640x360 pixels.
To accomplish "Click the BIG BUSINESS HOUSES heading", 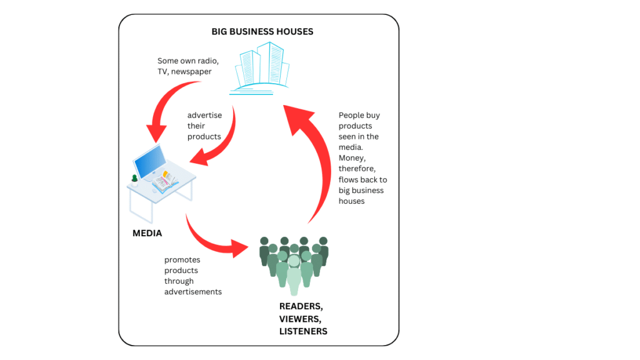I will coord(262,31).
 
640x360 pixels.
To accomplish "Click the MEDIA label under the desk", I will coord(147,234).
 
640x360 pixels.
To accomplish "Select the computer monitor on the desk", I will coord(151,162).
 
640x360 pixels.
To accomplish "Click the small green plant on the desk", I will coord(134,181).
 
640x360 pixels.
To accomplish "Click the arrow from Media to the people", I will coord(216,240).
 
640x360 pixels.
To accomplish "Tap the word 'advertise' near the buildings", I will coord(204,115).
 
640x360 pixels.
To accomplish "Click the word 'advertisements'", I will coord(193,292).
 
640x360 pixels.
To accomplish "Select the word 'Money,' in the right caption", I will coord(352,158).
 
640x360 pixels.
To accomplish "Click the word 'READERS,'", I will coord(301,307).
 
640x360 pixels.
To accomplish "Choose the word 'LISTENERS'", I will coord(303,331).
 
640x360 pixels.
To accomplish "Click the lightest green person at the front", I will coord(294,275).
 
